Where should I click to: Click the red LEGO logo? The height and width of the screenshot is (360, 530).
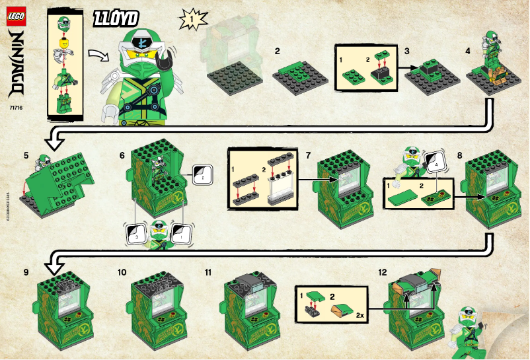tap(17, 15)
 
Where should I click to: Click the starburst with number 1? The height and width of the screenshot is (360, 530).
tap(190, 20)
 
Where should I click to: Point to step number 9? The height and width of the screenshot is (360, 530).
tap(26, 271)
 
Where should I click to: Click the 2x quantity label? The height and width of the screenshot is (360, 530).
tap(361, 316)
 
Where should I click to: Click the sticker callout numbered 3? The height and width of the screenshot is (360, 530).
tap(135, 233)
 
